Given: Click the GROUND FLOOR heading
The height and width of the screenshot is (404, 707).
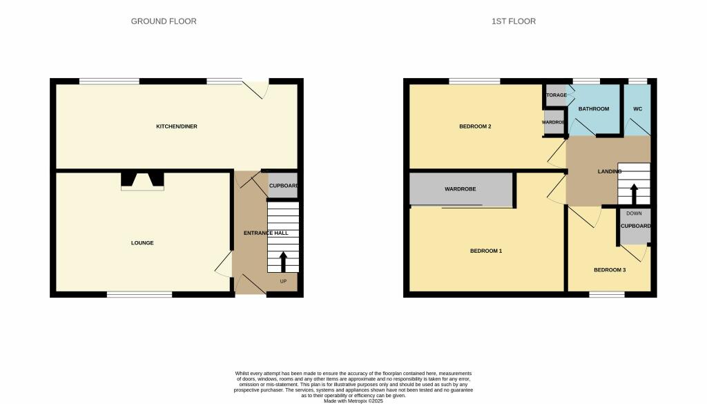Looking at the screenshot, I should [164, 21].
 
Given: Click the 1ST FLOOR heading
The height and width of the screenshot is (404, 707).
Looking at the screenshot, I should [513, 21].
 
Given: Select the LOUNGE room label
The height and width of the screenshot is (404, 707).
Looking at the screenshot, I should [142, 243].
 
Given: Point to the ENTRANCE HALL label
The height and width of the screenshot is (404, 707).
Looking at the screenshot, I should [266, 233].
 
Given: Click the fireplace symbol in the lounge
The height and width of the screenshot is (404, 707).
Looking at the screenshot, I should [143, 180].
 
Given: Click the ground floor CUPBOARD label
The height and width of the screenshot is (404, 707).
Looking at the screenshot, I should [283, 186].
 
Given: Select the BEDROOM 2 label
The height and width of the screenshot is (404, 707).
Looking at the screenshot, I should [475, 126].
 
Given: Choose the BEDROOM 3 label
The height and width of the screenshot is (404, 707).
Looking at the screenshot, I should [610, 270].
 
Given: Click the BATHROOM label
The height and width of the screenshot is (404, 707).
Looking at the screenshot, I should [594, 109].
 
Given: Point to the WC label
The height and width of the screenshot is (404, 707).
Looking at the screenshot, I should [638, 109].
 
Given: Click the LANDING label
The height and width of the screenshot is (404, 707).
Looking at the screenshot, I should [610, 171].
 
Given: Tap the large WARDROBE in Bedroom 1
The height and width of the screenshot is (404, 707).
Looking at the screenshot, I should [461, 189].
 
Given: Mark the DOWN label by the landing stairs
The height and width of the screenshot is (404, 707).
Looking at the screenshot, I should [634, 213].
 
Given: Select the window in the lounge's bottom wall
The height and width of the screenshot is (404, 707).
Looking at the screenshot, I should [139, 294].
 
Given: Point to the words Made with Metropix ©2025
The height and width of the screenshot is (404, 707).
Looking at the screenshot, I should [353, 401].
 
